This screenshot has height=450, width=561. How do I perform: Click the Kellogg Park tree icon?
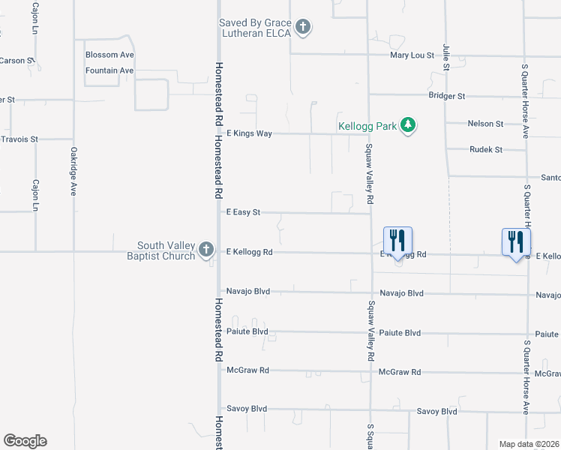(x=408, y=125)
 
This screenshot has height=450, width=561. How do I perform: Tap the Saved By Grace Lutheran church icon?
(x=303, y=28)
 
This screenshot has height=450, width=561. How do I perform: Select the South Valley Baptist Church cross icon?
(x=206, y=250)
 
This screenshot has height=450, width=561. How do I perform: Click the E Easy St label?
(x=243, y=212)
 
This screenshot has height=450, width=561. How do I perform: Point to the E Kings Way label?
(x=248, y=133)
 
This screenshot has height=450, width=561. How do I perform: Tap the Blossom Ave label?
(x=109, y=55)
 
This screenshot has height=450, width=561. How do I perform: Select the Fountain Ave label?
(x=109, y=70)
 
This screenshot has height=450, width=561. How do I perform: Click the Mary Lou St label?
(x=413, y=55)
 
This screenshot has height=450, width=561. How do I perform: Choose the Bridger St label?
(x=447, y=96)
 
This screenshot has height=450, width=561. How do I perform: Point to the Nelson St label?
(x=485, y=123)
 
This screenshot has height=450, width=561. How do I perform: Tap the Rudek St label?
(x=486, y=149)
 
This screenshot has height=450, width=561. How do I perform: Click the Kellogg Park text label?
(x=367, y=126)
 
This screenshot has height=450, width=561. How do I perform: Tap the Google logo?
(x=25, y=441)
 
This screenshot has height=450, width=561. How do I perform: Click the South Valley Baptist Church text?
(x=166, y=250)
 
